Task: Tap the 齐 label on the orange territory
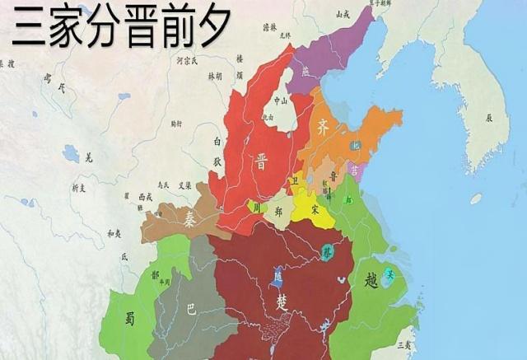(x=323, y=127)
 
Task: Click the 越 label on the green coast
(x=371, y=281)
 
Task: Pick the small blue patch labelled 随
(x=277, y=278)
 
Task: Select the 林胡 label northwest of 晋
(x=215, y=75)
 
